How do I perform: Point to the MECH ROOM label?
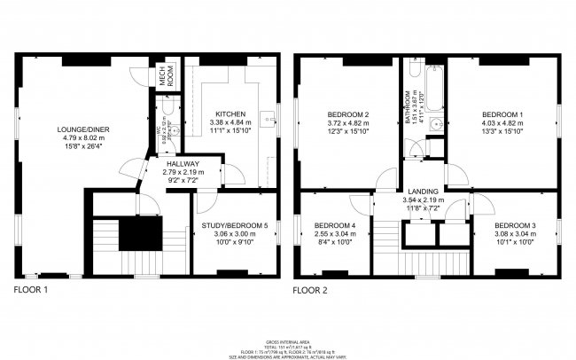[164, 77]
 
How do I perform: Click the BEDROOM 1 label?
[502, 114]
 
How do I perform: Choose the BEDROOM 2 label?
[347, 114]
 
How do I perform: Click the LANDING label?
[424, 192]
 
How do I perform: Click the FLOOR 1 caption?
[33, 290]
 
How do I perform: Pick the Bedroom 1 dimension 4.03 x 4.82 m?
[502, 123]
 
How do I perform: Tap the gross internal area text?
[288, 341]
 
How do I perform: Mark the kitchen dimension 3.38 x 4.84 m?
[230, 122]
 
